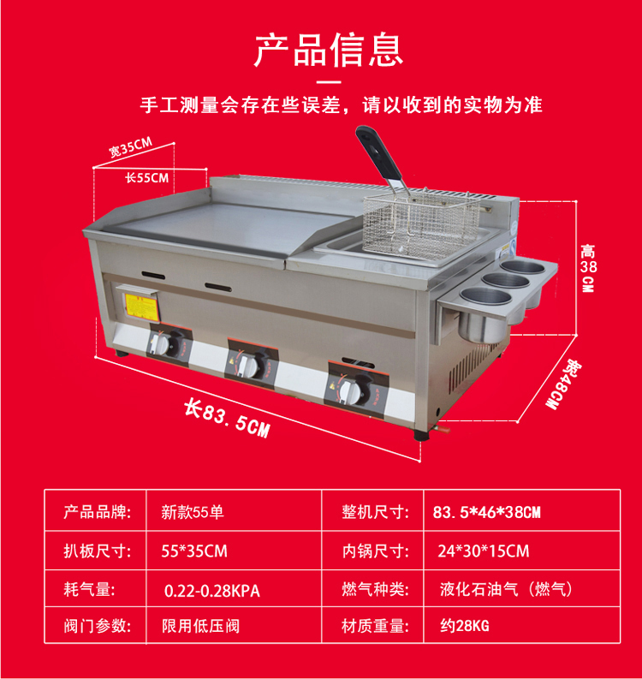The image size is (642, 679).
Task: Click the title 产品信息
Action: click(328, 49)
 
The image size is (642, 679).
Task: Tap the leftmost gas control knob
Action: click(163, 345)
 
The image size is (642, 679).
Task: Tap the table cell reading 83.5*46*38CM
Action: click(486, 512)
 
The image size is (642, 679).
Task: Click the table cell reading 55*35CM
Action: click(194, 551)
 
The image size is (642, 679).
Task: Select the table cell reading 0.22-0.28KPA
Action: click(211, 590)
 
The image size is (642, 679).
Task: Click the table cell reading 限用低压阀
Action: click(200, 627)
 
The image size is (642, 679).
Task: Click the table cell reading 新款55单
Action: click(193, 512)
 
